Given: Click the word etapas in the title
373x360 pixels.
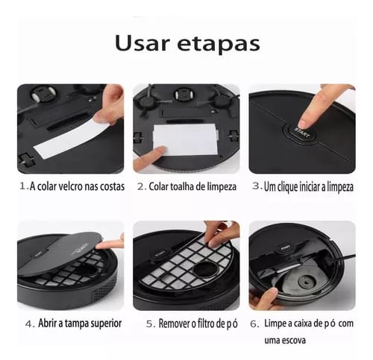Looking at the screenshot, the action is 219,44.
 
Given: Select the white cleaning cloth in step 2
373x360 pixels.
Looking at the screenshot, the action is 185,140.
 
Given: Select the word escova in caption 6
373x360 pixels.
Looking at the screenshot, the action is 295,340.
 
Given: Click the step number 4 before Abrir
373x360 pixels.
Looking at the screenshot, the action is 30,324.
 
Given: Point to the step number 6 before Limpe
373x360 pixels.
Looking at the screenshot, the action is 254,324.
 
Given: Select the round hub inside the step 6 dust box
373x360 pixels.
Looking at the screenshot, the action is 305,282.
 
